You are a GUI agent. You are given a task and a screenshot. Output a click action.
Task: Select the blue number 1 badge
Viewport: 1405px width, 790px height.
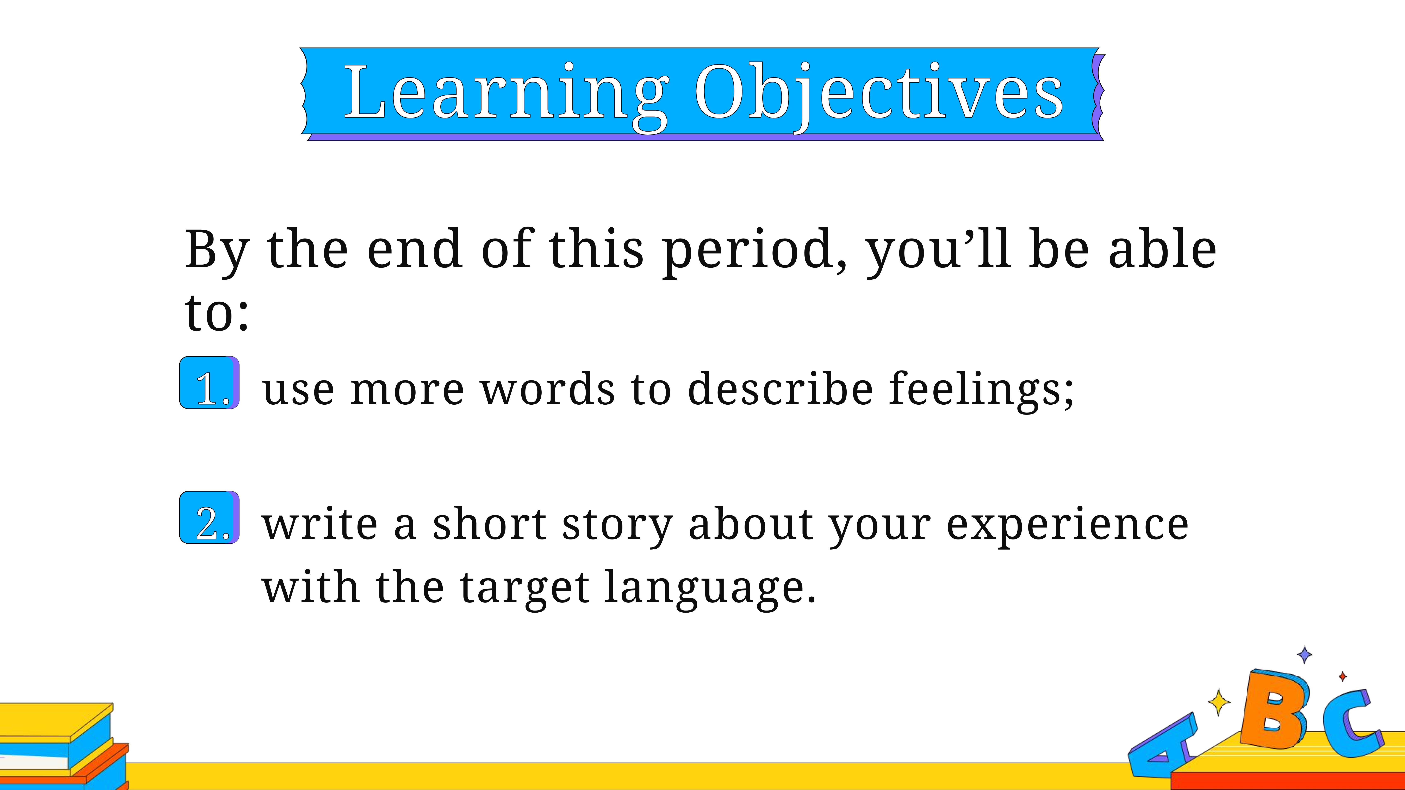pos(210,383)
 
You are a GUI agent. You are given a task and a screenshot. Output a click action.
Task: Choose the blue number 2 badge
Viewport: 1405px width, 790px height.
pos(210,517)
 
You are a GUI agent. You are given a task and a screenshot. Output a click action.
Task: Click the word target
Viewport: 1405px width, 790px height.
pos(525,589)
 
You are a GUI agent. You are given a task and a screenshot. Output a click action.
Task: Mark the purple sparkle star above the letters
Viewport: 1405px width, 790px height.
pos(1305,654)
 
